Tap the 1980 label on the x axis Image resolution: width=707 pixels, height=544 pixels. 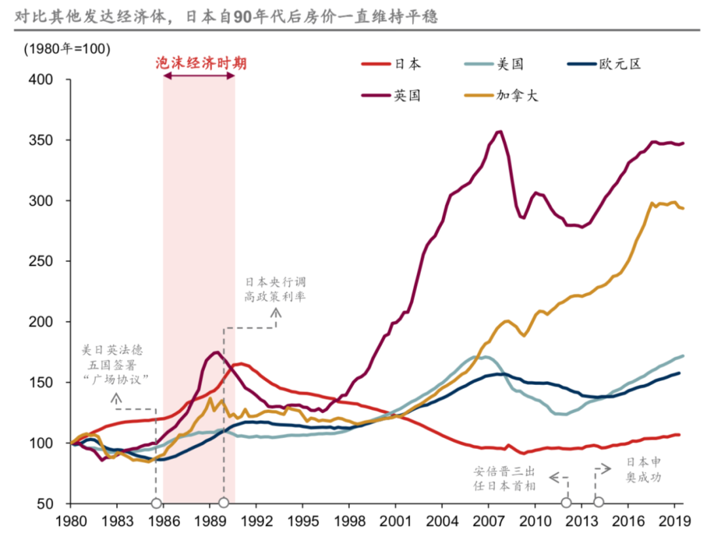(x=70, y=521)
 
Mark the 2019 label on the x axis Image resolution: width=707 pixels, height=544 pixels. (x=674, y=521)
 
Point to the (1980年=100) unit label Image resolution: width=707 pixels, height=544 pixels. (x=67, y=49)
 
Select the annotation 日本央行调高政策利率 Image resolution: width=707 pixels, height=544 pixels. (x=276, y=289)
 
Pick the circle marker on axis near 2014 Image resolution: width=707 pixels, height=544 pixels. (x=598, y=503)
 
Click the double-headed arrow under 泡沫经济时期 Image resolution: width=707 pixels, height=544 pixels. (x=199, y=76)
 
